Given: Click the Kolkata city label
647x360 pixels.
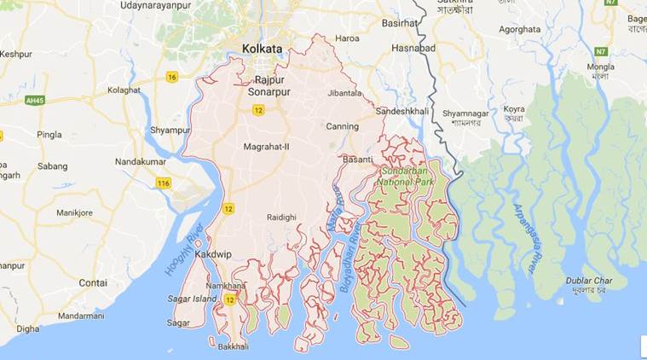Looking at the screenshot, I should [262, 49].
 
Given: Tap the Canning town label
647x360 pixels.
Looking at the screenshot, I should [342, 127].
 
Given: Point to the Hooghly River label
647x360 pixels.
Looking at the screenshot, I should [185, 250].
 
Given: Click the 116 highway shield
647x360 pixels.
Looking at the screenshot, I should [165, 183].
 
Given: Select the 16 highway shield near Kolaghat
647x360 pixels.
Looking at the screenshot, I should [172, 77].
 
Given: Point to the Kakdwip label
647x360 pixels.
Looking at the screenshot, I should [213, 254].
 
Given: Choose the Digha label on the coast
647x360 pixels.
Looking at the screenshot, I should [27, 328].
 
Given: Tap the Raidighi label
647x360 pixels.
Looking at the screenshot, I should [281, 218].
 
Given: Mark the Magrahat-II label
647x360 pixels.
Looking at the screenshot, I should [267, 147].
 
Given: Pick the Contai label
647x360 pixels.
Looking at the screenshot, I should [93, 282].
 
